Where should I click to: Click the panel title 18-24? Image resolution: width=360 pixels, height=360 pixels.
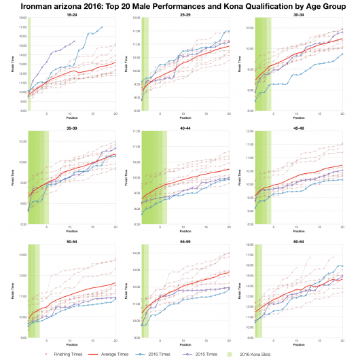coord(71,22)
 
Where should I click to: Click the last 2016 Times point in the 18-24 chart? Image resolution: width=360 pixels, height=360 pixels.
coord(101,28)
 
